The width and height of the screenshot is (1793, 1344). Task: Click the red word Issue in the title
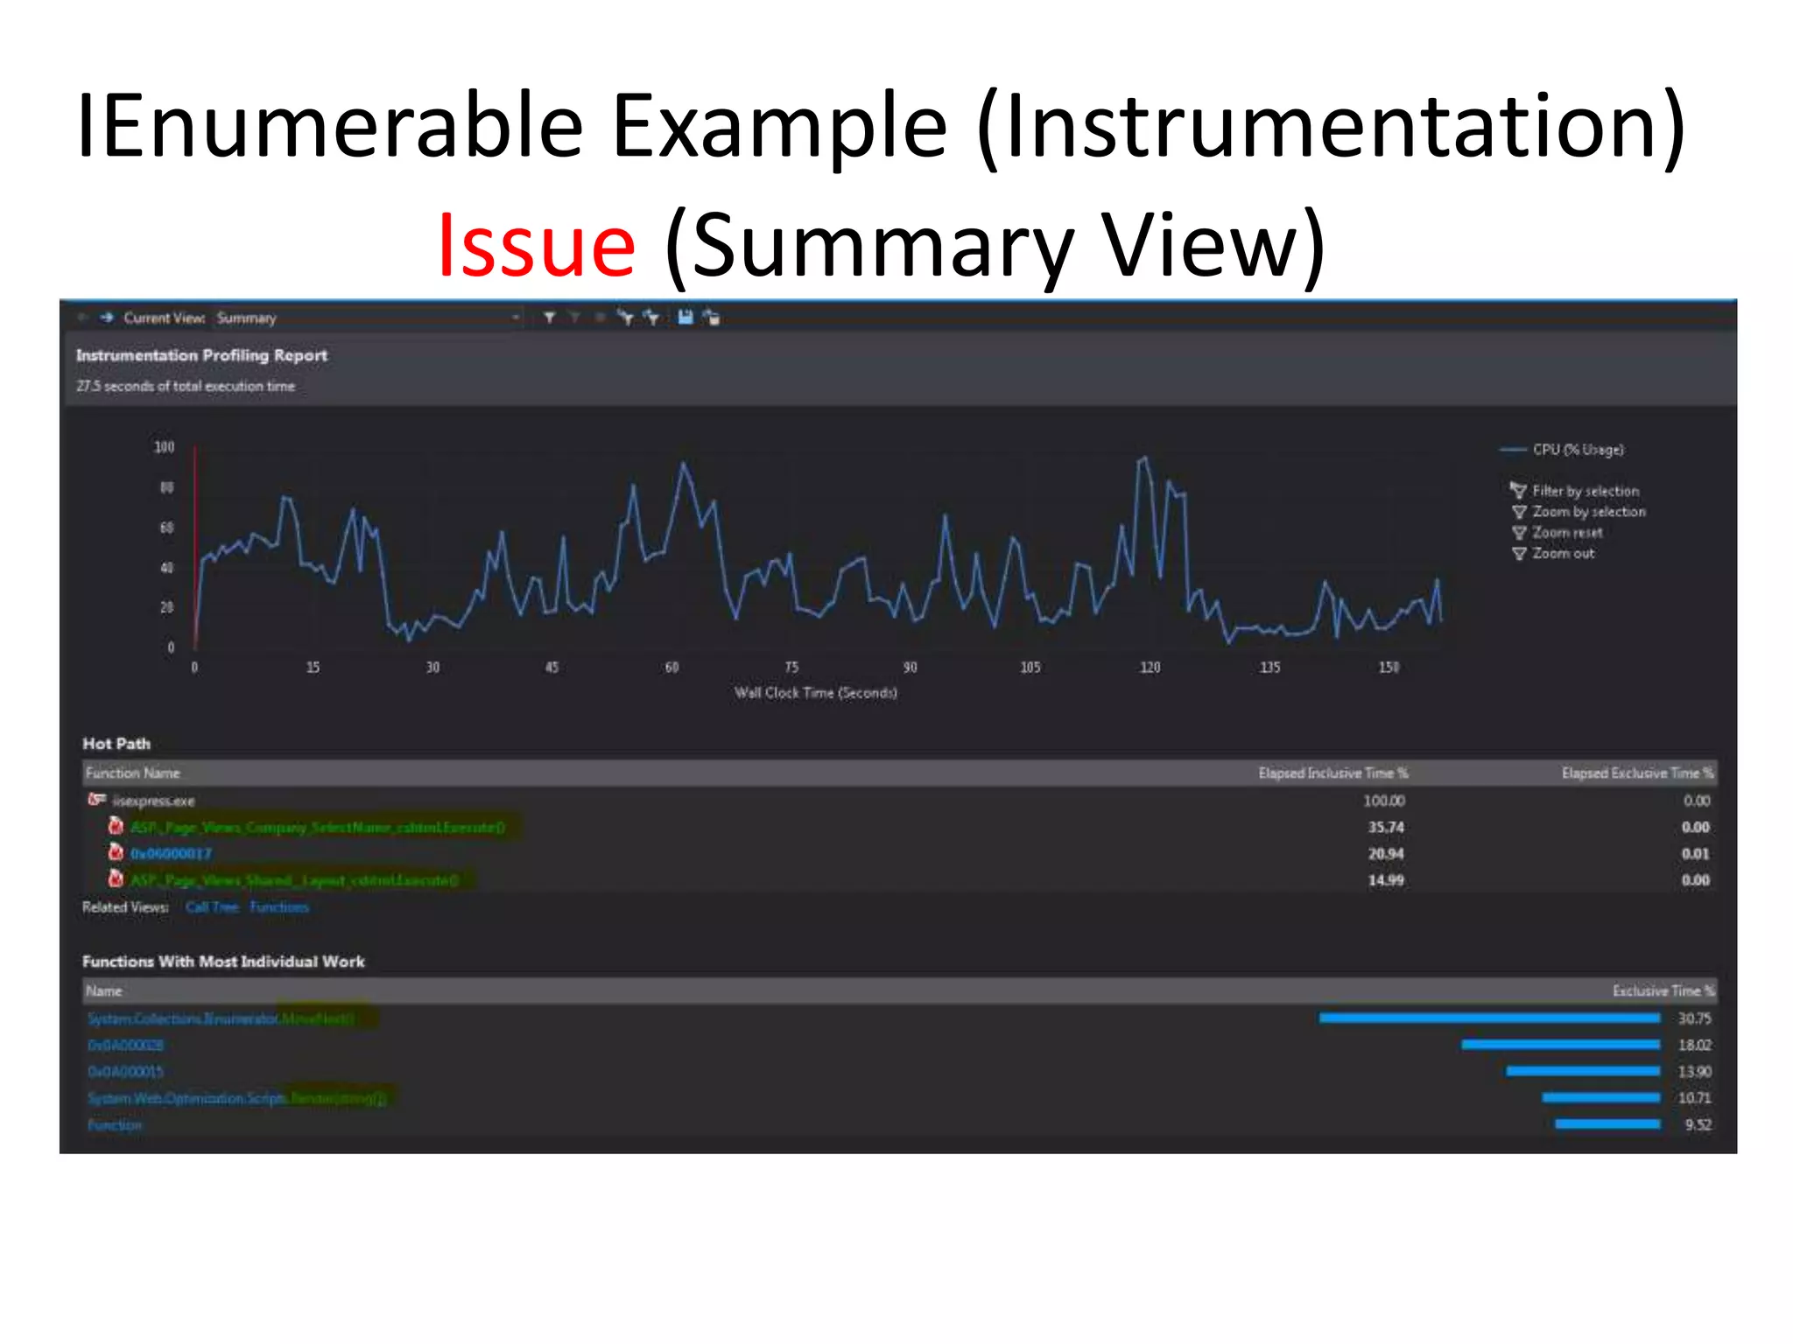point(536,246)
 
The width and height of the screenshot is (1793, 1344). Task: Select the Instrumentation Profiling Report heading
point(201,355)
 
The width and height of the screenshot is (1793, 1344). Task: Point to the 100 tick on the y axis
point(165,447)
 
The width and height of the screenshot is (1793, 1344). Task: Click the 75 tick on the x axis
point(791,668)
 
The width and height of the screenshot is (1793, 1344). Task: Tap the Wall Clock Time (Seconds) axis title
point(815,693)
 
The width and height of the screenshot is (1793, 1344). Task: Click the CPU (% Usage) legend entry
point(1577,450)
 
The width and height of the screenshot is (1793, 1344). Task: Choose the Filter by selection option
point(1585,491)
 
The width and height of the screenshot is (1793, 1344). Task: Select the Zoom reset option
point(1566,533)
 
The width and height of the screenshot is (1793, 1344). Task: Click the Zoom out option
point(1563,554)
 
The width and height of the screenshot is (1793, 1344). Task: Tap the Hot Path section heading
point(116,744)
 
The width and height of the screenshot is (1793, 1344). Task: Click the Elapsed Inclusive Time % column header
point(1332,773)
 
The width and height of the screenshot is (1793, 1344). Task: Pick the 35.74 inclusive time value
point(1386,828)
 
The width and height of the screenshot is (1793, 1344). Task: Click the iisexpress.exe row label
point(154,801)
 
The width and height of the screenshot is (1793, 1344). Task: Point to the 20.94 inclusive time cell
point(1386,854)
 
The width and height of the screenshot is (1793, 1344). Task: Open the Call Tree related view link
point(212,907)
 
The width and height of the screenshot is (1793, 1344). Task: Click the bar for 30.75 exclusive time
point(1489,1018)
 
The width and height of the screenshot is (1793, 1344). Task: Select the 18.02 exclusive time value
point(1694,1046)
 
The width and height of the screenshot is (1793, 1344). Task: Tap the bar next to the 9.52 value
point(1607,1124)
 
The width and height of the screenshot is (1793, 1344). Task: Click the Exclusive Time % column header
point(1663,991)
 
